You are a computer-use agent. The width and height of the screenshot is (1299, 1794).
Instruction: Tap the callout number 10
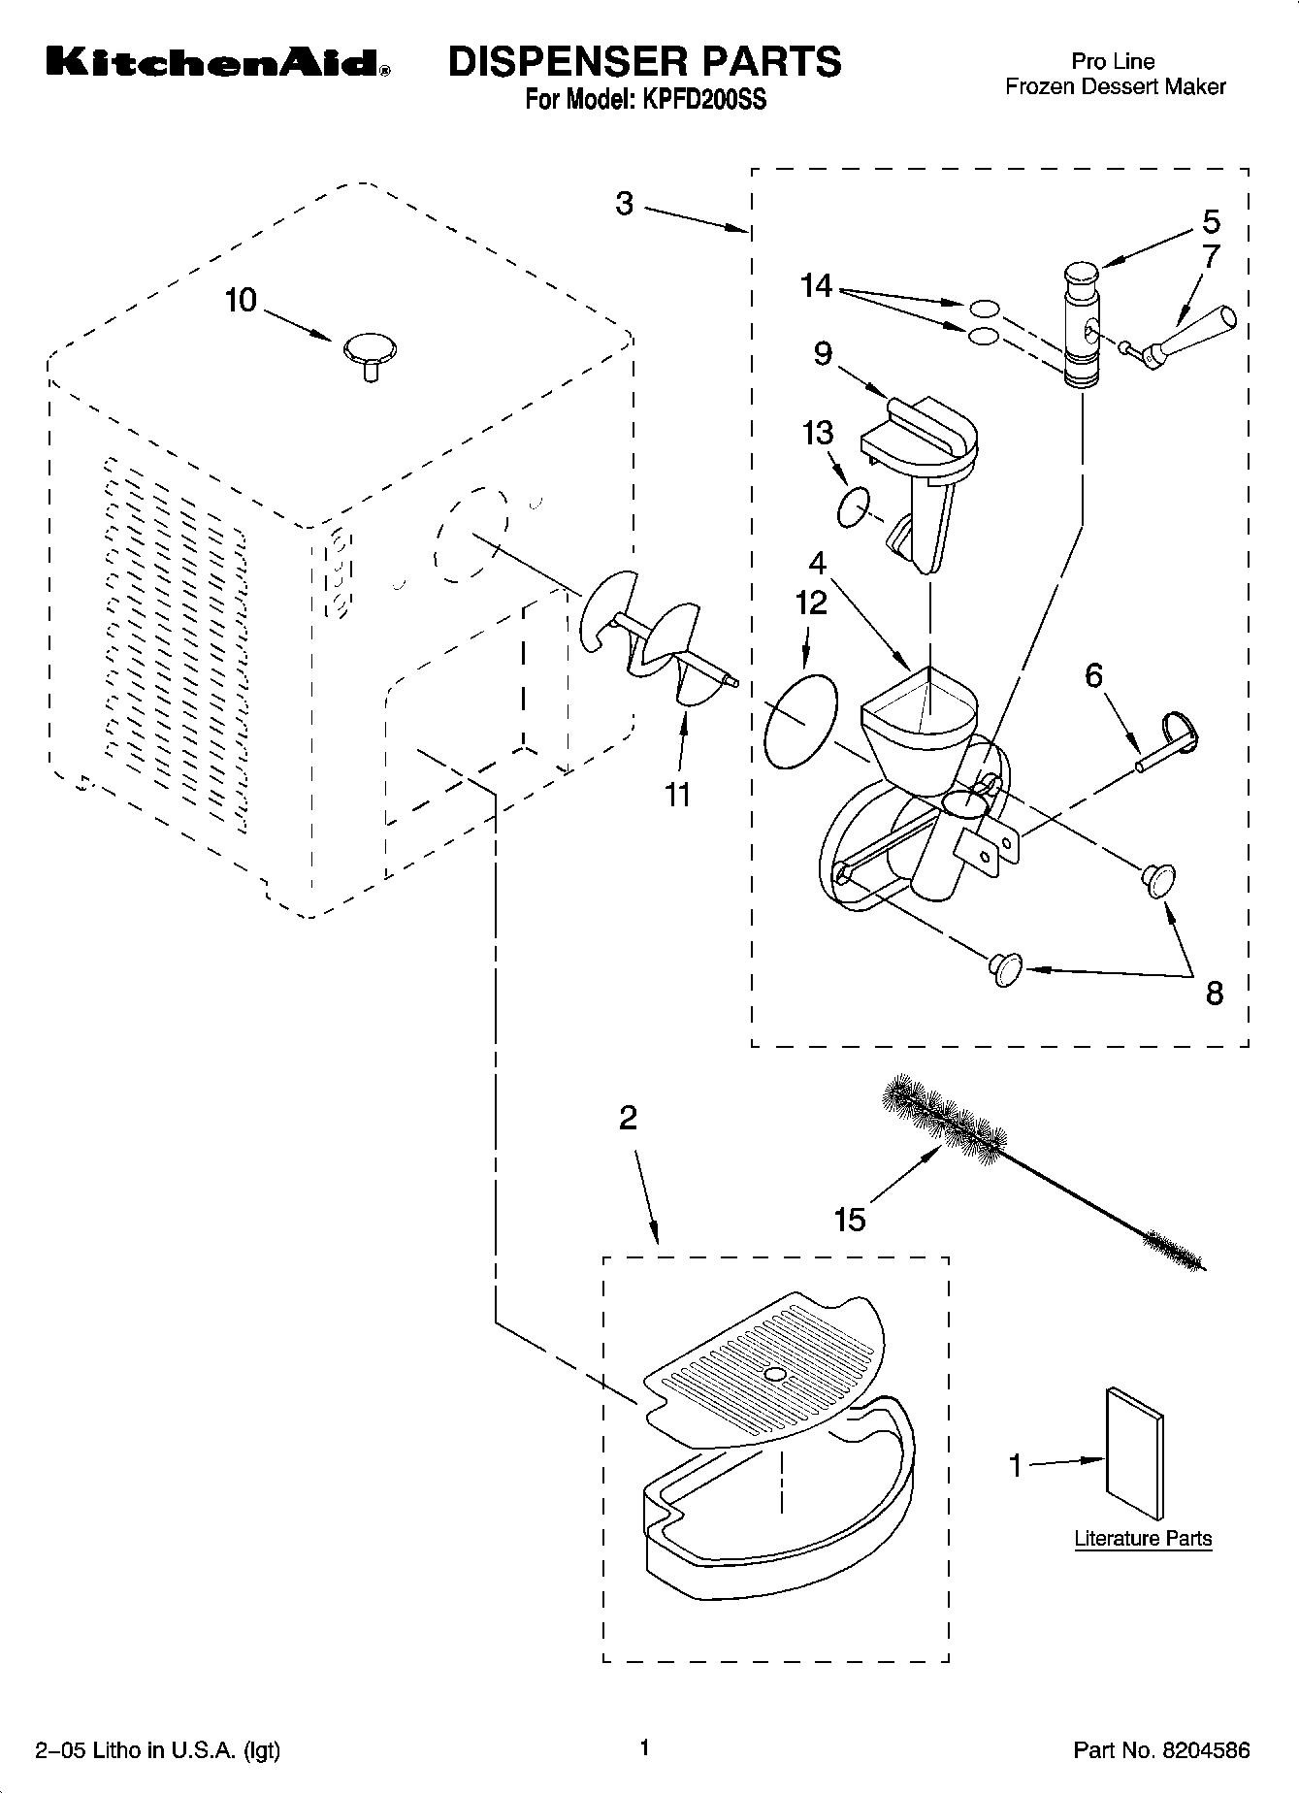241,300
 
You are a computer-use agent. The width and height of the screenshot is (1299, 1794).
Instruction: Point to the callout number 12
811,603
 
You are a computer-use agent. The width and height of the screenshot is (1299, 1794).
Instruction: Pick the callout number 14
817,286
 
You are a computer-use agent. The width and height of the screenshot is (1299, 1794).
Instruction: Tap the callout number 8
1214,993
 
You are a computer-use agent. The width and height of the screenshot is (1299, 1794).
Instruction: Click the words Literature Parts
1143,1538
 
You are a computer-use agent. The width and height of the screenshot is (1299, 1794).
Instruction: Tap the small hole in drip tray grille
774,1375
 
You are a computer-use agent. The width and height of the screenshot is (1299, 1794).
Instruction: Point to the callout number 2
628,1118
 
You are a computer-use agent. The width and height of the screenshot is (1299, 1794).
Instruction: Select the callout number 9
823,353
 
